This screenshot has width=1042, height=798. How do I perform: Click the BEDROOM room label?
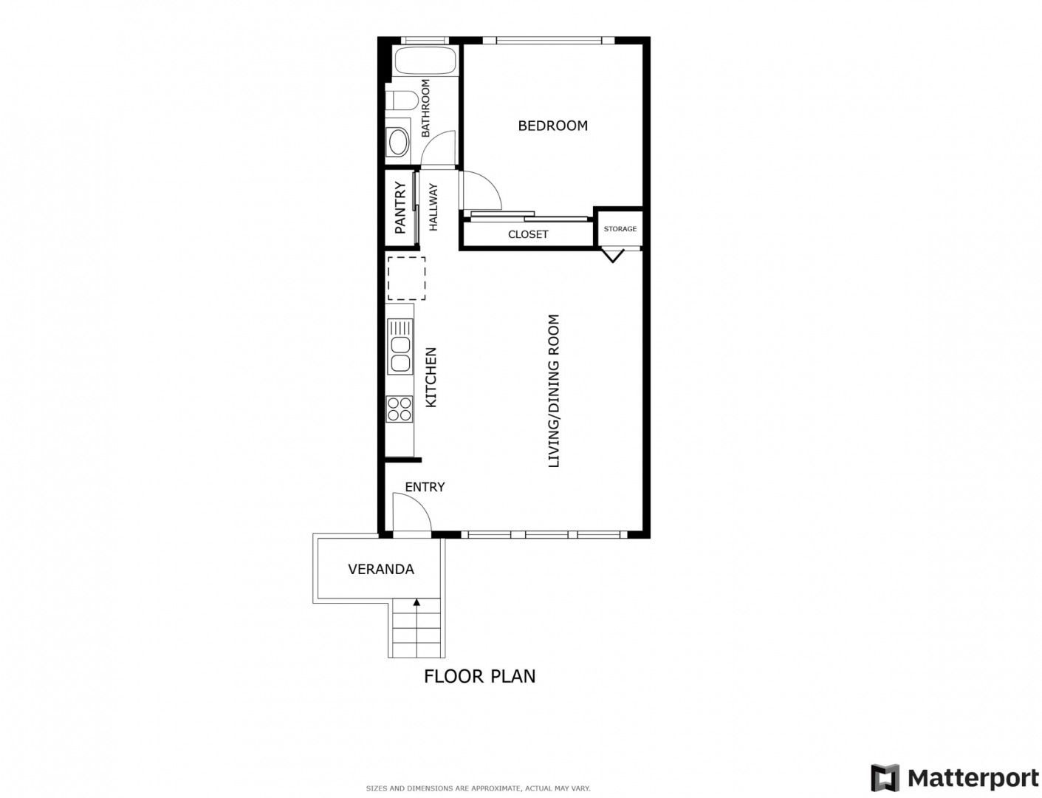pos(552,126)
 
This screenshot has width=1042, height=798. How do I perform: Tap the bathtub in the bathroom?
pos(425,61)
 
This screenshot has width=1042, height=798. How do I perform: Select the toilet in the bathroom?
pos(402,100)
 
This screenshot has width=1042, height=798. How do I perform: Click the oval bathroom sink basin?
pos(398,142)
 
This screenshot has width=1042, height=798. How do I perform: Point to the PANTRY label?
pos(400,208)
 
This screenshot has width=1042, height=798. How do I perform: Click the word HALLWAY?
pos(433,207)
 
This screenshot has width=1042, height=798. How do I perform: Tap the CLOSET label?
pos(527,234)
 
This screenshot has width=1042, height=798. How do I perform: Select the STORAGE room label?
pos(620,228)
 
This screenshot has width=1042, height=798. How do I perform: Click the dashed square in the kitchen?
pos(406,279)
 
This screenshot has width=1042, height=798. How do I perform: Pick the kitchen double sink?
pos(400,346)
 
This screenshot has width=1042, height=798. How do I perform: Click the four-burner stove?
pos(400,409)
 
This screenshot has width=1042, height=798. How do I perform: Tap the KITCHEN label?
pos(431,377)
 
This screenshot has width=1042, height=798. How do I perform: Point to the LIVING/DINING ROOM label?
pos(554,390)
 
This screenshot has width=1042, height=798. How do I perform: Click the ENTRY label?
pos(425,487)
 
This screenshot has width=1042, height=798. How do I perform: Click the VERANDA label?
pos(381,569)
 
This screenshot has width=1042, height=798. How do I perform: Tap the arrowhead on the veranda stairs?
pos(417,602)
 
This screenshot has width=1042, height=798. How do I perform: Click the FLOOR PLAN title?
pos(479,676)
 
